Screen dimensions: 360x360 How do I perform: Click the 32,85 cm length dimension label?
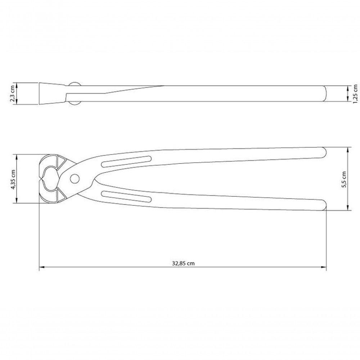pos(183,263)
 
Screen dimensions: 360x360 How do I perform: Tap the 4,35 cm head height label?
pos(13,179)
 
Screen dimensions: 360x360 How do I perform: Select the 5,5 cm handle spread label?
pos(344,180)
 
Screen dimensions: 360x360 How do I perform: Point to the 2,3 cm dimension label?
pos(13,93)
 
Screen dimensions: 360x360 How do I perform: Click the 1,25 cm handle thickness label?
pos(355,94)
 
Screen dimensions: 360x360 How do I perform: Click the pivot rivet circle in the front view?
pos(75,179)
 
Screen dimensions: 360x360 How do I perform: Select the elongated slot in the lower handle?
pos(126,196)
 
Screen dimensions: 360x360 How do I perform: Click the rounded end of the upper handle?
pos(324,153)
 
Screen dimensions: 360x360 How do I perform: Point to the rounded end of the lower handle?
pos(324,205)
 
